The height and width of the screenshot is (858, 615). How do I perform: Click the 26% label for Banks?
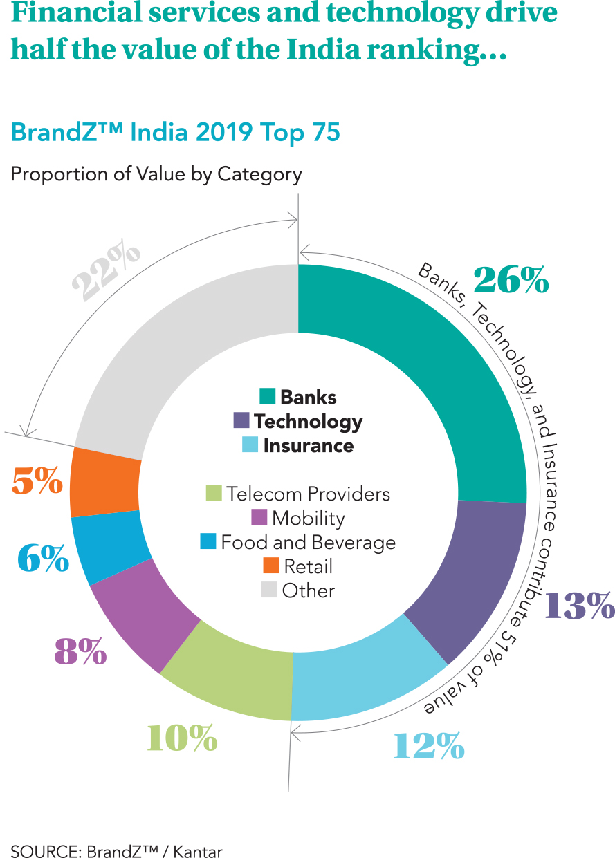(511, 279)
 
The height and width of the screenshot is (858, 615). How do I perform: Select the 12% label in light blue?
(428, 747)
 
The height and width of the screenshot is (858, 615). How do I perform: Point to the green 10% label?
(182, 738)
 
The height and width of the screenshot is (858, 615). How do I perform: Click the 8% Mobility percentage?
(80, 652)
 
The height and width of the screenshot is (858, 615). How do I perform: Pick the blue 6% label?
(44, 559)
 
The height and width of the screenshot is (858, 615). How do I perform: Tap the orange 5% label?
(37, 481)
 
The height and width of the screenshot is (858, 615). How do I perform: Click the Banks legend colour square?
(268, 396)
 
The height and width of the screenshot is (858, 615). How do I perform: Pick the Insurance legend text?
(309, 446)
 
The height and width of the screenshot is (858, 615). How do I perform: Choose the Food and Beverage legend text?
(309, 542)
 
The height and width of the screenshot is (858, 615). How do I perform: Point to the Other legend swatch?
(269, 590)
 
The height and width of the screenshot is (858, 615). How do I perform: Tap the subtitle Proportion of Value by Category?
(156, 174)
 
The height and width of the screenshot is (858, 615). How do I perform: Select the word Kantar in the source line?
(198, 852)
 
